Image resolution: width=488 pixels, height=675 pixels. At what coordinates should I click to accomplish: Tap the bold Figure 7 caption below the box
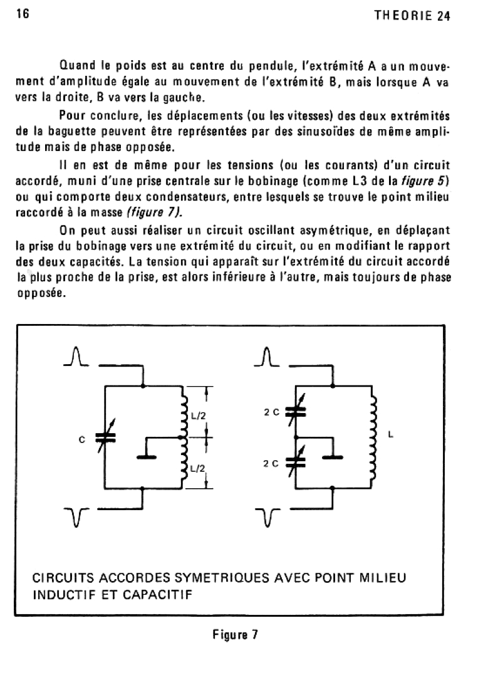235,634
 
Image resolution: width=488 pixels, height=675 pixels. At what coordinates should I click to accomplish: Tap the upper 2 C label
271,412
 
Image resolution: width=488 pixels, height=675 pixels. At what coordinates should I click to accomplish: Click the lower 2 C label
271,464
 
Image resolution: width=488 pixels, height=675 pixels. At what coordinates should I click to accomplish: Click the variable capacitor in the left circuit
101,439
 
